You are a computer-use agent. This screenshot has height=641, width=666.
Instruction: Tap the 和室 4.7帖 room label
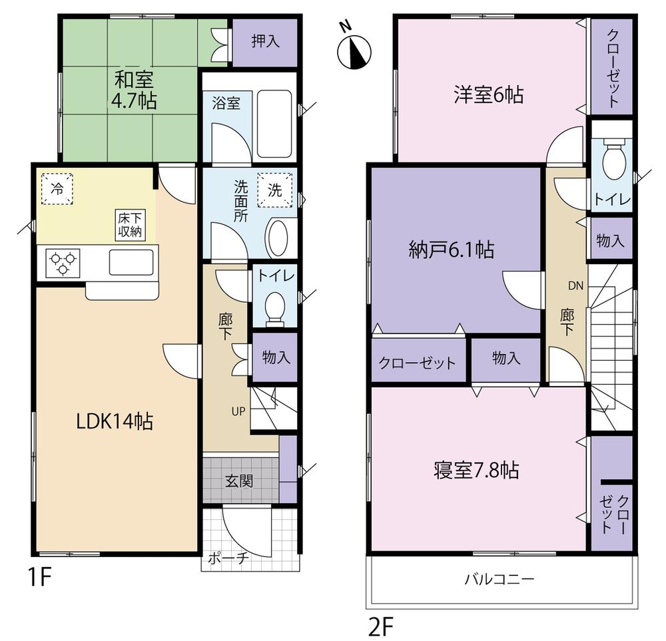pyautogui.click(x=135, y=91)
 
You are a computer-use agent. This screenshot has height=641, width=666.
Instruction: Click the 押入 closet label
pyautogui.click(x=265, y=41)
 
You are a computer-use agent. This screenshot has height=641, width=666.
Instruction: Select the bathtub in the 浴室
pyautogui.click(x=273, y=123)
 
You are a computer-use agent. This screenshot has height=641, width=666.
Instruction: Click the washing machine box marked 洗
pyautogui.click(x=275, y=188)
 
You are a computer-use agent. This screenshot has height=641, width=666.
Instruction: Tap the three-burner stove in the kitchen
pyautogui.click(x=63, y=261)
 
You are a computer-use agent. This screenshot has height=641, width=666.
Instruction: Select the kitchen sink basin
pyautogui.click(x=131, y=260)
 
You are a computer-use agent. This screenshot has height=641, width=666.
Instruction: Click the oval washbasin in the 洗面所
pyautogui.click(x=278, y=237)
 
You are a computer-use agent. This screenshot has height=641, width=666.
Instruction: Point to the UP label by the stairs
pyautogui.click(x=238, y=411)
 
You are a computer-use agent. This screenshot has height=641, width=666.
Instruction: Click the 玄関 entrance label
pyautogui.click(x=238, y=481)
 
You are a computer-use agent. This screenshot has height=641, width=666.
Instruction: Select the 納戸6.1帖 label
pyautogui.click(x=451, y=250)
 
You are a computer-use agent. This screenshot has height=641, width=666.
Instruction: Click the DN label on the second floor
pyautogui.click(x=575, y=286)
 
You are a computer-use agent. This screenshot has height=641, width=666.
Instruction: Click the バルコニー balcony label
pyautogui.click(x=499, y=579)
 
